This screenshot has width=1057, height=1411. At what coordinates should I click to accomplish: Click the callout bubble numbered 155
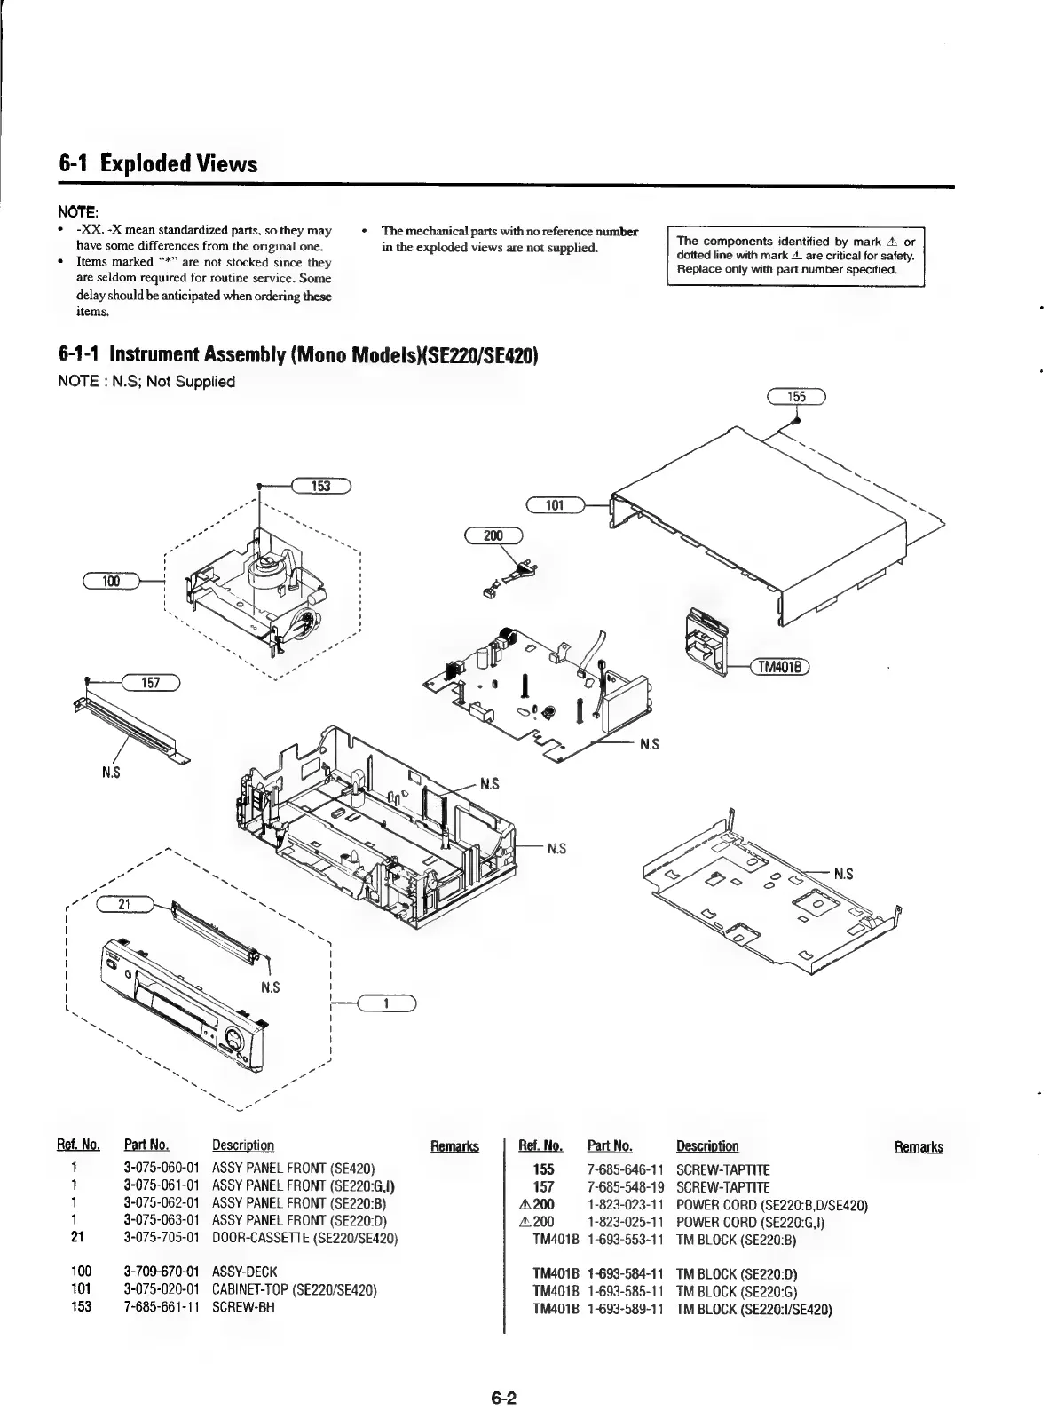796,397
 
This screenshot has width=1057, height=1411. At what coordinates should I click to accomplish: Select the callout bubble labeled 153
321,485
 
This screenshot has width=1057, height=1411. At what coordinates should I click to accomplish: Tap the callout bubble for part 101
555,506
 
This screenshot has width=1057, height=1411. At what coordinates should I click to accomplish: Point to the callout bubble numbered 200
493,535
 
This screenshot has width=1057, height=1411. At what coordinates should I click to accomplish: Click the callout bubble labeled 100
111,581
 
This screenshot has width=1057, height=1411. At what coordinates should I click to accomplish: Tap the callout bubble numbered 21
125,904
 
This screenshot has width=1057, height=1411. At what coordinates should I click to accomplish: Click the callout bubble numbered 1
386,1003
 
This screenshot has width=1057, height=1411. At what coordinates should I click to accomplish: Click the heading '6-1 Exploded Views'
158,164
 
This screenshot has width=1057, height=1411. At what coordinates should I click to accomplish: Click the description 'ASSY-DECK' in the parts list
245,1272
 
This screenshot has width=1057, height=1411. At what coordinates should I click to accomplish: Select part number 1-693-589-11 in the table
626,1310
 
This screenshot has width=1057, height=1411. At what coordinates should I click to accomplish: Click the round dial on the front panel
236,1040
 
